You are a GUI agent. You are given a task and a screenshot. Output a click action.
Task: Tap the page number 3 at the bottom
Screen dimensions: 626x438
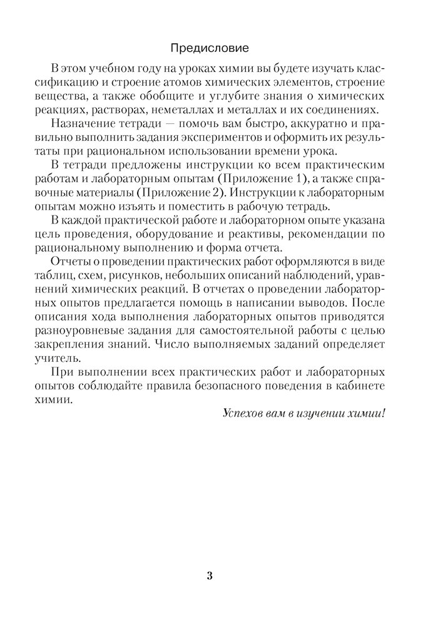[x=210, y=576]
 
